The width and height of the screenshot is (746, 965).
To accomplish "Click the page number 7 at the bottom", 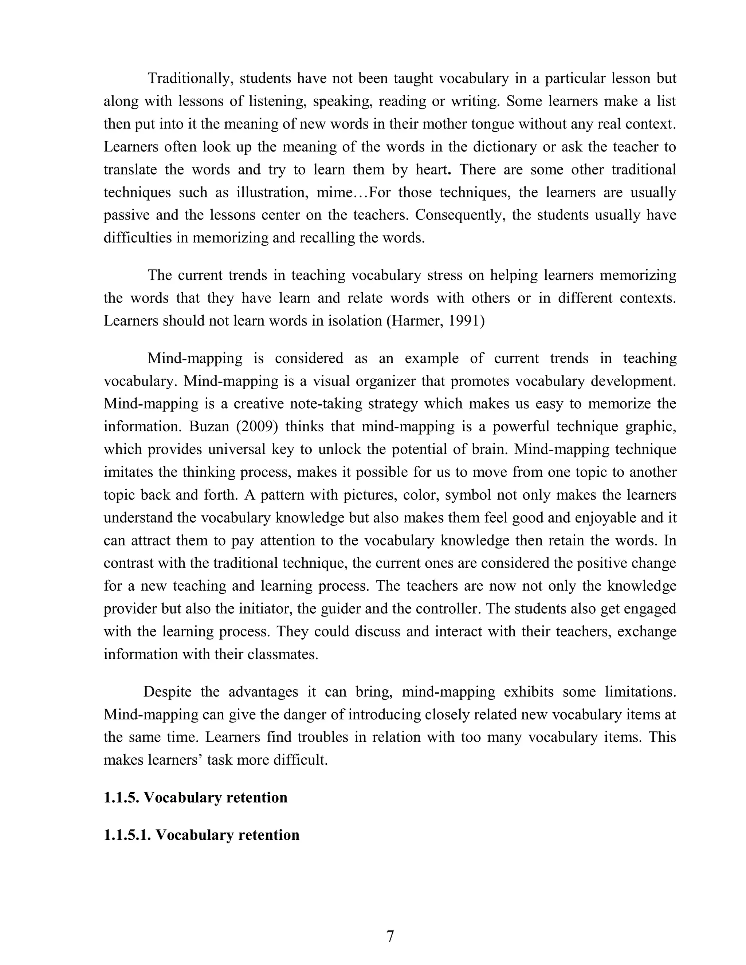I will point(390,936).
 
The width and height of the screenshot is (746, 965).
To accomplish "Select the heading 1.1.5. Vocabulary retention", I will point(195,797).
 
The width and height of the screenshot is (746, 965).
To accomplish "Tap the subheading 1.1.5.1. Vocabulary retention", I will point(201,835).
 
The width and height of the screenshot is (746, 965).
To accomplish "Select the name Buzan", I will point(208,426).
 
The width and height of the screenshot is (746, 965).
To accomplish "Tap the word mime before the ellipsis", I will point(341,193).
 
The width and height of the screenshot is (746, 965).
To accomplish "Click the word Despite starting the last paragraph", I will point(167,692).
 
